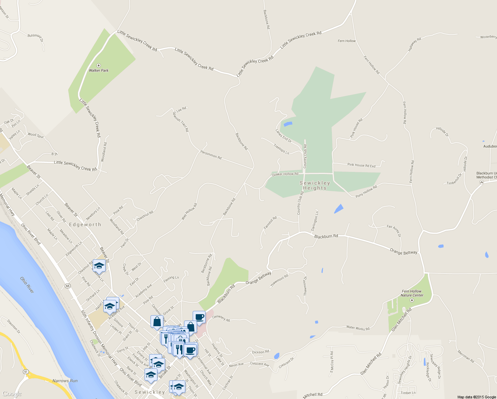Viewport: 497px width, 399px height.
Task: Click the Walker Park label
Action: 99,70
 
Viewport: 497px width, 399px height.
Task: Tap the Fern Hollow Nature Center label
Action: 412,293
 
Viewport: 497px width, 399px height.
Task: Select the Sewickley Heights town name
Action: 315,186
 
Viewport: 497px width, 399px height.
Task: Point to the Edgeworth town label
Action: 85,225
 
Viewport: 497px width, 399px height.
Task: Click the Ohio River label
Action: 27,285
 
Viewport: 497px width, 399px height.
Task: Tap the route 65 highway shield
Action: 68,286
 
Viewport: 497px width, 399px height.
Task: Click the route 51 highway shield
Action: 25,371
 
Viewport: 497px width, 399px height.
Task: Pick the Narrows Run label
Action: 65,381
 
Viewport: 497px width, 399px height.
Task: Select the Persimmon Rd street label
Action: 211,155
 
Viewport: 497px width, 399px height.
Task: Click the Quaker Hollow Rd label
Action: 285,174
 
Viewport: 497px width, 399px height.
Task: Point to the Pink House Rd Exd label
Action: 361,165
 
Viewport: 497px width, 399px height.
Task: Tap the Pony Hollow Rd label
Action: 366,192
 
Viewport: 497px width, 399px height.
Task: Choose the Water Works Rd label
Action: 358,328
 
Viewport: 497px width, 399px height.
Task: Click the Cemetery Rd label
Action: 221,318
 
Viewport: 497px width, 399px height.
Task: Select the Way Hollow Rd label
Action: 189,211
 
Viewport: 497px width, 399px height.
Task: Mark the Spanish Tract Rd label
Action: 180,122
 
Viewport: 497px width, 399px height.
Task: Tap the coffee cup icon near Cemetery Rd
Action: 199,317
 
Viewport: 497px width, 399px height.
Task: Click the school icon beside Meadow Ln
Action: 99,266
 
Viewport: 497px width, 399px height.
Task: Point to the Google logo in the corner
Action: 12,394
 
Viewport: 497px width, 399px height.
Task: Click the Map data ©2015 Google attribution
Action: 476,397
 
